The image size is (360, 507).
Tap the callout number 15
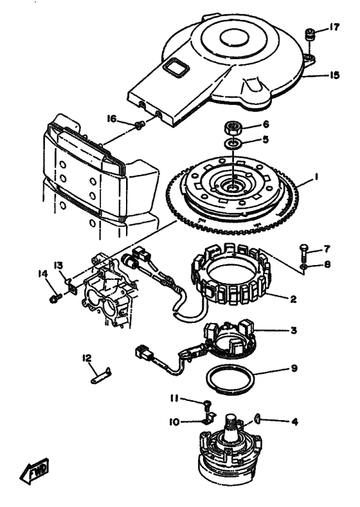click(334, 75)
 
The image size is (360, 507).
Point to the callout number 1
click(316, 177)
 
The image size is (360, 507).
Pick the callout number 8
click(327, 264)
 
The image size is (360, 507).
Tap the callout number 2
click(293, 299)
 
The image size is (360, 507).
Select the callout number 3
click(293, 331)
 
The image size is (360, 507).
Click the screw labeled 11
click(207, 404)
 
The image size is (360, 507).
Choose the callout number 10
click(174, 422)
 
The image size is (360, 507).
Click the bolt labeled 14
click(55, 297)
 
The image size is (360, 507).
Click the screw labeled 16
click(140, 125)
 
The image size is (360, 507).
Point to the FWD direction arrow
click(35, 470)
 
